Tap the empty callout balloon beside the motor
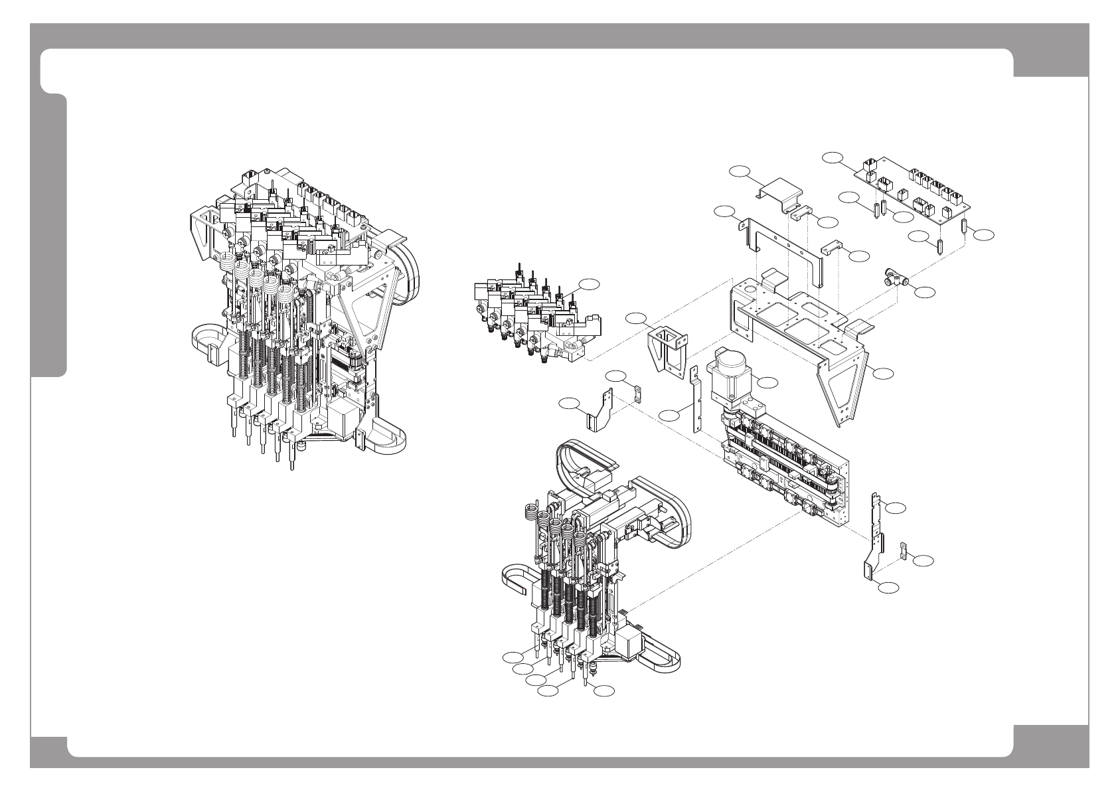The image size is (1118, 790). tap(767, 382)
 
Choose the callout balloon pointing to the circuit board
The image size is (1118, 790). tap(832, 157)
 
